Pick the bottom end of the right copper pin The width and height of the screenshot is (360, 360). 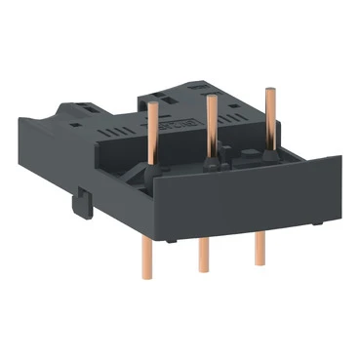[260, 262]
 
